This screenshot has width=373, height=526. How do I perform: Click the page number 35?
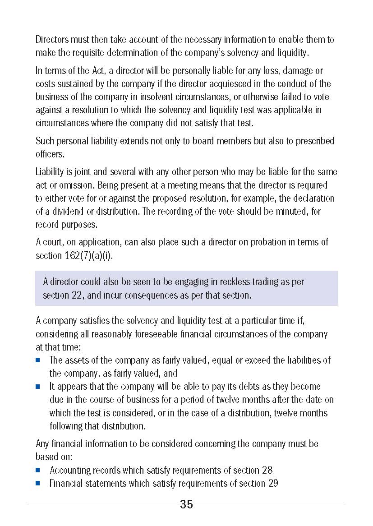[x=186, y=504]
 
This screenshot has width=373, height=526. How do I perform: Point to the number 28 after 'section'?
[x=267, y=470]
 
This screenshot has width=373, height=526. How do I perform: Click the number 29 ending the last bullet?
[x=272, y=484]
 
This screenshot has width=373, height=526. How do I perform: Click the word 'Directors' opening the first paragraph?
[x=52, y=40]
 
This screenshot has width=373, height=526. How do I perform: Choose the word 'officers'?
[x=50, y=154]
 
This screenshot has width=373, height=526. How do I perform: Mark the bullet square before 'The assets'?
[x=38, y=360]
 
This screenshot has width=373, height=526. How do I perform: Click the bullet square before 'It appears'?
[x=38, y=387]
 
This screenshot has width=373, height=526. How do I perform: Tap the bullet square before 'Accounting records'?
[x=38, y=470]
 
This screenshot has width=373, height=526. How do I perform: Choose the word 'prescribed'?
[x=314, y=141]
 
